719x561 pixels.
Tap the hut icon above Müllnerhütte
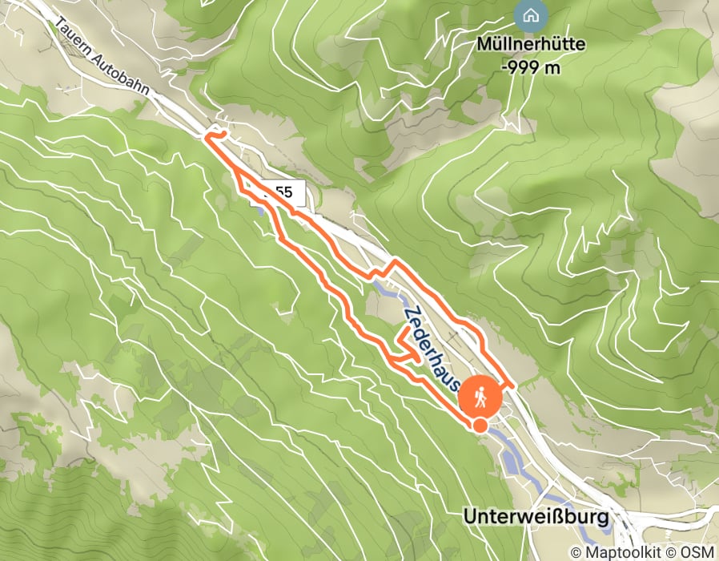(x=529, y=14)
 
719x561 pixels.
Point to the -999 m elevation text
(x=530, y=67)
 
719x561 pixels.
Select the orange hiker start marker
(x=481, y=394)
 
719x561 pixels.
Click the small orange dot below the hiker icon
(x=479, y=426)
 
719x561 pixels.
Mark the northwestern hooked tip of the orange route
(x=210, y=137)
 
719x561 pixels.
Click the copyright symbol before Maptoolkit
(x=576, y=552)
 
